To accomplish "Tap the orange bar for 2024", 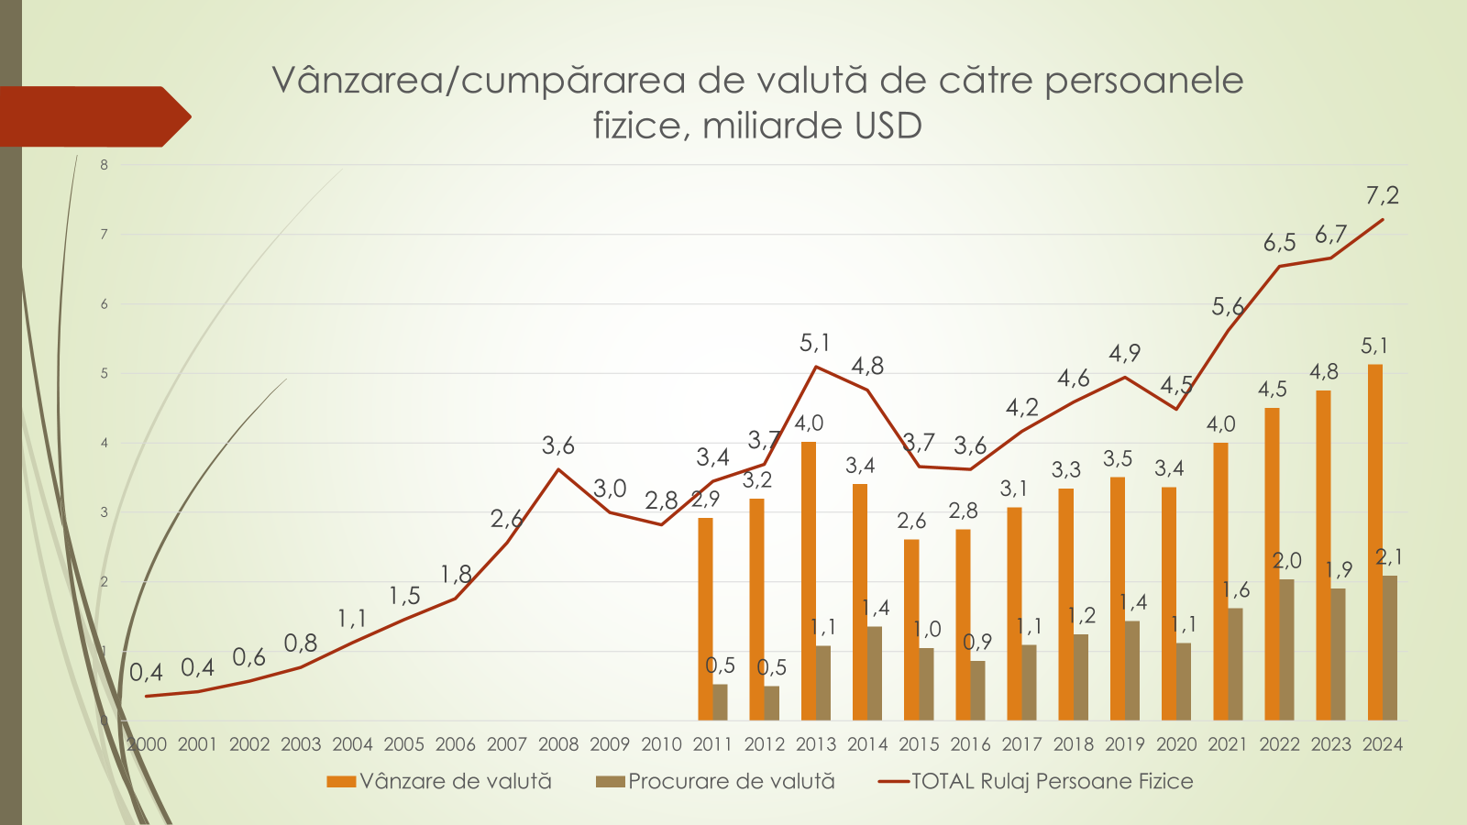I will (x=1374, y=542).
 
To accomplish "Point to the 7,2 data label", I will (x=1382, y=195).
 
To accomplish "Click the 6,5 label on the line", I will (x=1279, y=243).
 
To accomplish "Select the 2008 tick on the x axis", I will (x=558, y=744).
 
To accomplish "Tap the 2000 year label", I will (x=147, y=744).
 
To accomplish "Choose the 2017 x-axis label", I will (x=1021, y=744).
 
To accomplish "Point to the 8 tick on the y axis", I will (x=105, y=165).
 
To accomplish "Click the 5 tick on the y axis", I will (x=105, y=373).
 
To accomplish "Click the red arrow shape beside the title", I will (x=92, y=116).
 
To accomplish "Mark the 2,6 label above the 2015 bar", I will (x=911, y=521).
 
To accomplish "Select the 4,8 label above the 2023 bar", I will (x=1323, y=372).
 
